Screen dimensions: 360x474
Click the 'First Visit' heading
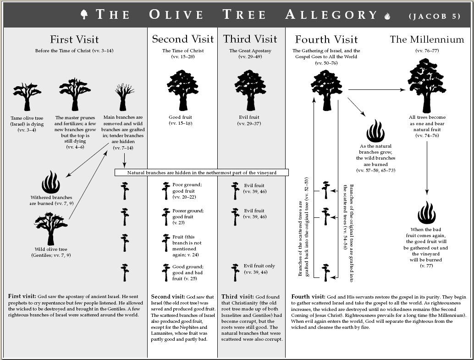[x=74, y=39]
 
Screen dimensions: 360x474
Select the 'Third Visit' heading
[x=250, y=39]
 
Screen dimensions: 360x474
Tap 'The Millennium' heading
[x=427, y=39]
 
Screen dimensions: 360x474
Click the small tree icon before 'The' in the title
[x=84, y=14]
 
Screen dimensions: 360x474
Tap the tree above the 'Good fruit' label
[x=182, y=90]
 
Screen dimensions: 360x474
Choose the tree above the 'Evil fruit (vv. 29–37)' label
[x=250, y=90]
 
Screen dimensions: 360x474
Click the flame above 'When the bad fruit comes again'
[x=426, y=212]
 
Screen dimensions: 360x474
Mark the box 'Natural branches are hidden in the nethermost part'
[x=202, y=173]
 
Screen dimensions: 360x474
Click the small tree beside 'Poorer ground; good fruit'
[x=166, y=216]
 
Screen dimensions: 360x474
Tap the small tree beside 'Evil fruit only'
[x=235, y=271]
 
